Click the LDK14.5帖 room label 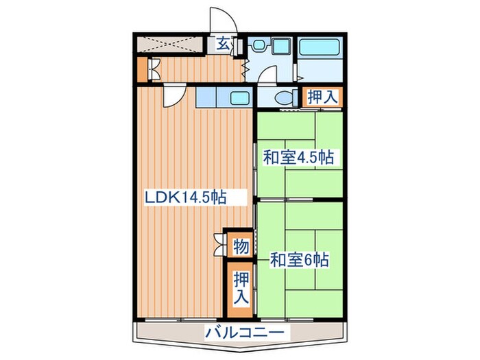[x=185, y=198]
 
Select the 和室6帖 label [x=299, y=260]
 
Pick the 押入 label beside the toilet [x=322, y=97]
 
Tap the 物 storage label [x=240, y=245]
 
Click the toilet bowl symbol [x=283, y=97]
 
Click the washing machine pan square [x=282, y=47]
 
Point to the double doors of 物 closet [x=220, y=245]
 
